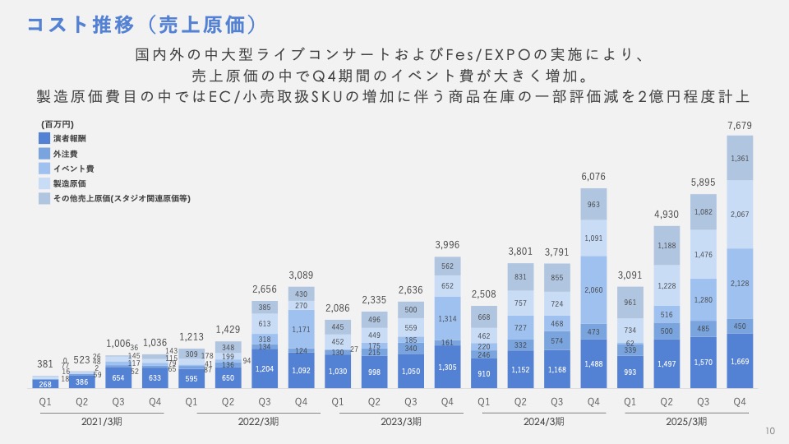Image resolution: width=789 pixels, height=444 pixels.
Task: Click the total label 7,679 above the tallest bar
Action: (x=740, y=125)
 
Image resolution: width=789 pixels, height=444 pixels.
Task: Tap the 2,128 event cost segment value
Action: (x=740, y=284)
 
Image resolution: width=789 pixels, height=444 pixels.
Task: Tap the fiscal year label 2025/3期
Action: (x=685, y=421)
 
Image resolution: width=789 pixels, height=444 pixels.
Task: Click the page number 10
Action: (x=770, y=430)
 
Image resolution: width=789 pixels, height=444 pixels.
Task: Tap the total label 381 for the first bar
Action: (x=44, y=364)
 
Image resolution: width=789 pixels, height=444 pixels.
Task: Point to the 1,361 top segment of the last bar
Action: (x=740, y=159)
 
